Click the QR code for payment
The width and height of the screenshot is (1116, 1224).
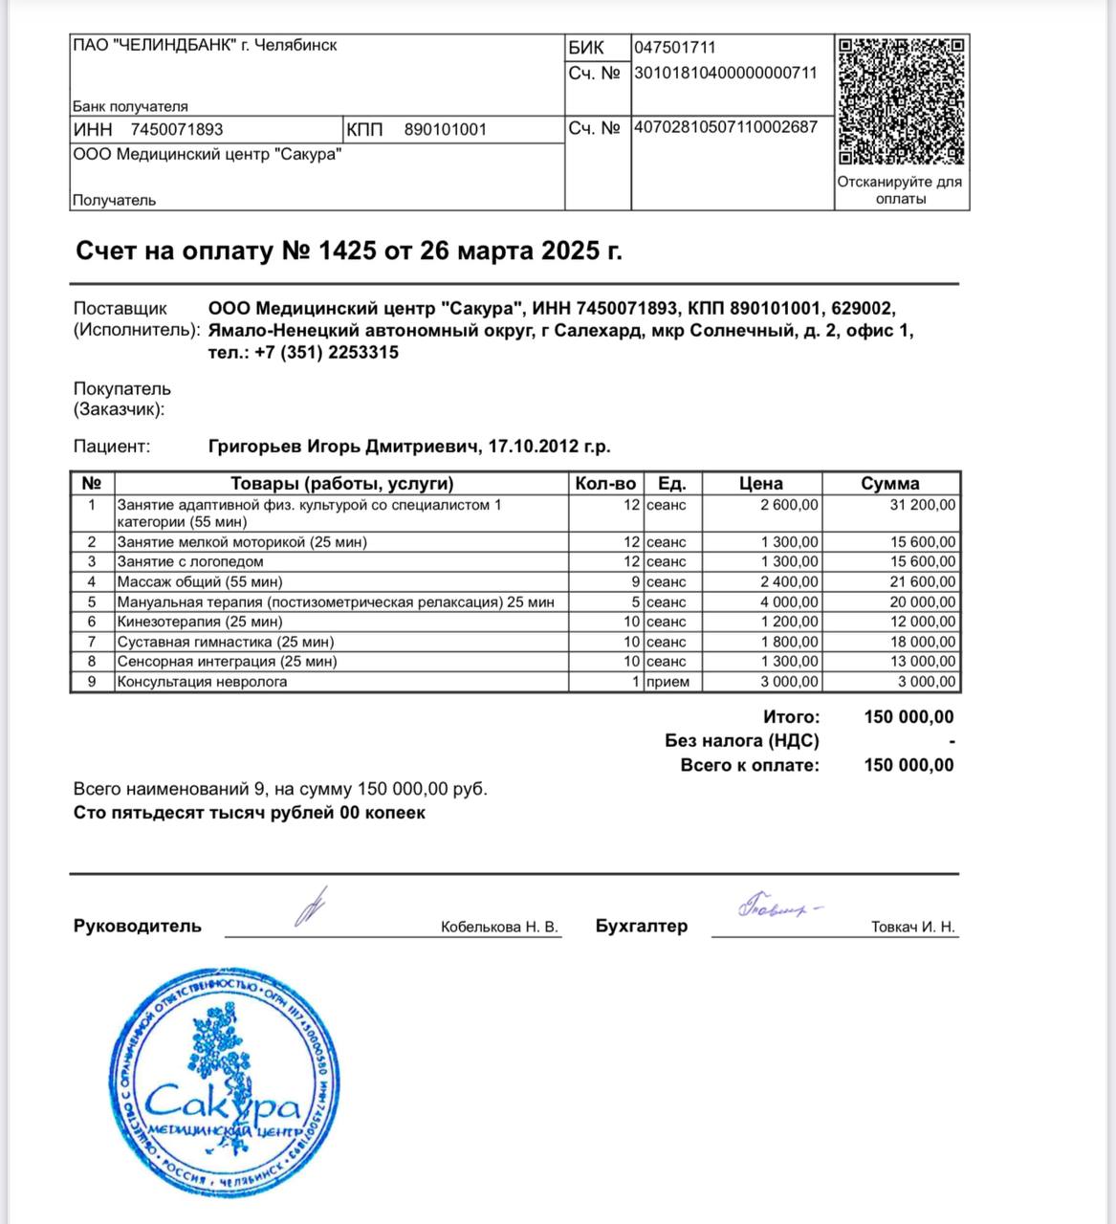tap(901, 101)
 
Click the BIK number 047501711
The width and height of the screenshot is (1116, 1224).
tap(675, 48)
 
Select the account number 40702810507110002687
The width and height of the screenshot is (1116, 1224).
tap(726, 127)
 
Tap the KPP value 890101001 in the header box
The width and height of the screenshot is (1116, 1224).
tap(445, 130)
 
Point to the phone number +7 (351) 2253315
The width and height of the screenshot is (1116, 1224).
tap(327, 353)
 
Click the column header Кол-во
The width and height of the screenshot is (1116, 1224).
tap(605, 484)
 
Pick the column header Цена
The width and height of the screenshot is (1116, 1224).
tap(760, 484)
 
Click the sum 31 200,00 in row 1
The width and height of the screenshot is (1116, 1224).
tap(922, 505)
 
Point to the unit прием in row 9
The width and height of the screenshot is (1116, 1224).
tap(667, 683)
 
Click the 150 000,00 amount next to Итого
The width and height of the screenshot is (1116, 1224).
tap(908, 717)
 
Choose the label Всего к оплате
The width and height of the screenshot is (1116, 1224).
tap(750, 765)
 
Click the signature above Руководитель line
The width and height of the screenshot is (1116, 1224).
tap(311, 907)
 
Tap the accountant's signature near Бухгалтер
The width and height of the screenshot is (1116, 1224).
tap(778, 906)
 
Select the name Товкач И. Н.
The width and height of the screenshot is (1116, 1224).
tap(912, 928)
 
